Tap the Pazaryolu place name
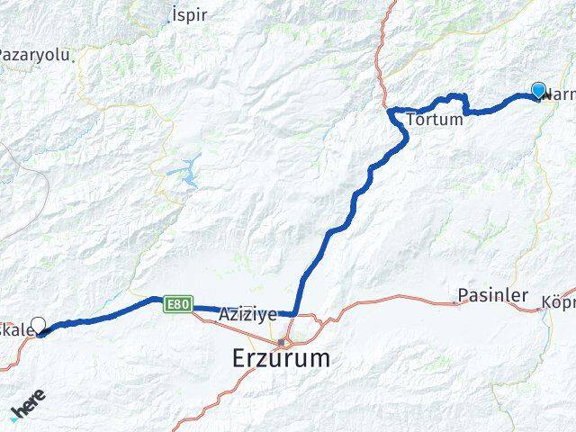pos(34,55)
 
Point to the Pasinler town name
pos(491,294)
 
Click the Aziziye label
pos(247,314)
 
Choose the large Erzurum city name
pos(281,358)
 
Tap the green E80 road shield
pos(176,306)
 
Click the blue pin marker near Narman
pos(538,90)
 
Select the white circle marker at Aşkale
pos(38,324)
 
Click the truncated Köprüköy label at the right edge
pos(559,301)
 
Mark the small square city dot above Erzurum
pos(283,342)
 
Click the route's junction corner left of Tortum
pos(390,111)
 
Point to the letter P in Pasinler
pos(463,294)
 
